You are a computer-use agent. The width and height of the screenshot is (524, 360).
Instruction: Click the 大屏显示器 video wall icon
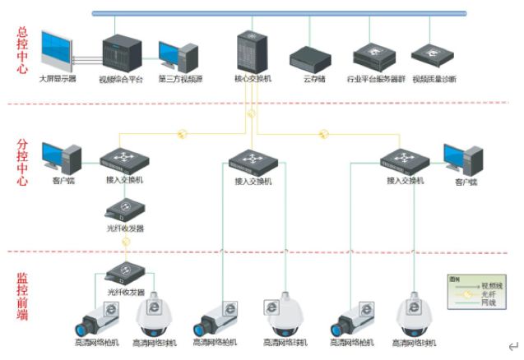click(60, 51)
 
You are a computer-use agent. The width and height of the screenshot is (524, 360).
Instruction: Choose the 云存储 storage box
click(308, 58)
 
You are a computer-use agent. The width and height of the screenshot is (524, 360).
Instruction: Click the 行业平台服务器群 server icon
click(371, 56)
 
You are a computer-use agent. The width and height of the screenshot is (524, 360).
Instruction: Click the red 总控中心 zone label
click(22, 51)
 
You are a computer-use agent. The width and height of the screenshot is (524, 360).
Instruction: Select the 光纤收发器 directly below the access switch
click(126, 209)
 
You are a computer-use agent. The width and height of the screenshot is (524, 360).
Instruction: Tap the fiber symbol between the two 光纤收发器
click(126, 242)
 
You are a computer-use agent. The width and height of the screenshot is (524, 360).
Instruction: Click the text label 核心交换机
click(253, 79)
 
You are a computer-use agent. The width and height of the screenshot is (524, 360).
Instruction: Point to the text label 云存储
click(313, 79)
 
